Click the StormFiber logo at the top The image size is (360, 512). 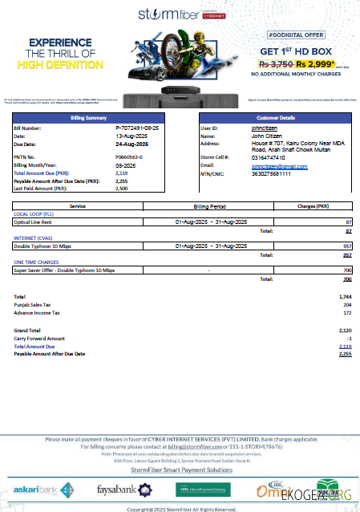[177, 15]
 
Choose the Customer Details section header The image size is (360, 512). [273, 118]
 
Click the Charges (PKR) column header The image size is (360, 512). [313, 206]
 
